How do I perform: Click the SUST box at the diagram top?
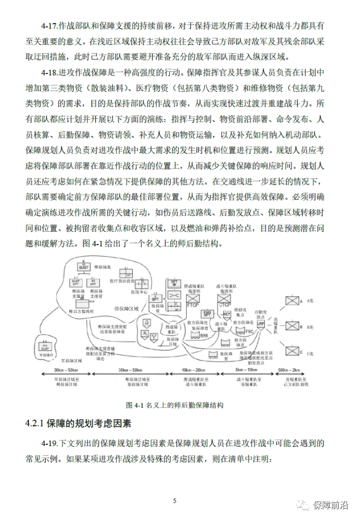pos(84,267)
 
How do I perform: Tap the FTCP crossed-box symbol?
pos(193,301)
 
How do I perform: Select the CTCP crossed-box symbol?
pos(225,301)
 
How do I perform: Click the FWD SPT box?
pos(208,314)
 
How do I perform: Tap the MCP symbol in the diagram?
pos(227,314)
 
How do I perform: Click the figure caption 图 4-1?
pos(175,404)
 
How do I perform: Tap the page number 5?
pos(175,501)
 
